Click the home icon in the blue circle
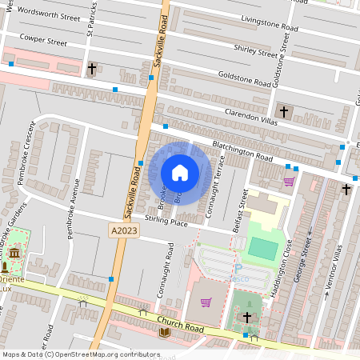pyautogui.click(x=180, y=173)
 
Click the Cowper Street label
pyautogui.click(x=42, y=38)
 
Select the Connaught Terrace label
pyautogui.click(x=210, y=194)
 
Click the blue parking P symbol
pyautogui.click(x=238, y=269)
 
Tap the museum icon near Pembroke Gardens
pyautogui.click(x=14, y=254)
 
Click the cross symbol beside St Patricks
pyautogui.click(x=92, y=69)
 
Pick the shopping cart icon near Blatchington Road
pyautogui.click(x=289, y=181)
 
